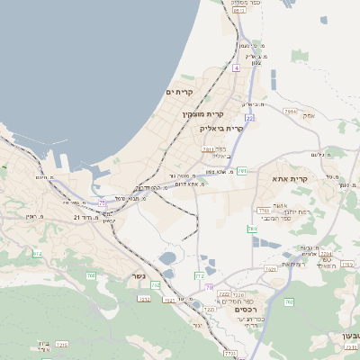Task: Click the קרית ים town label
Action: point(180,92)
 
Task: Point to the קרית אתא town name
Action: point(290,178)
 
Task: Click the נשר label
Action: point(139,276)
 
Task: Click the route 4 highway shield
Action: point(236,67)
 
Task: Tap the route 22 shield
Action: point(248,117)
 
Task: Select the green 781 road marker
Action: point(242,171)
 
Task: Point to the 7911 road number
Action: point(208,149)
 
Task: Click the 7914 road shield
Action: point(290,112)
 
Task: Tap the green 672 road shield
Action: point(37,255)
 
